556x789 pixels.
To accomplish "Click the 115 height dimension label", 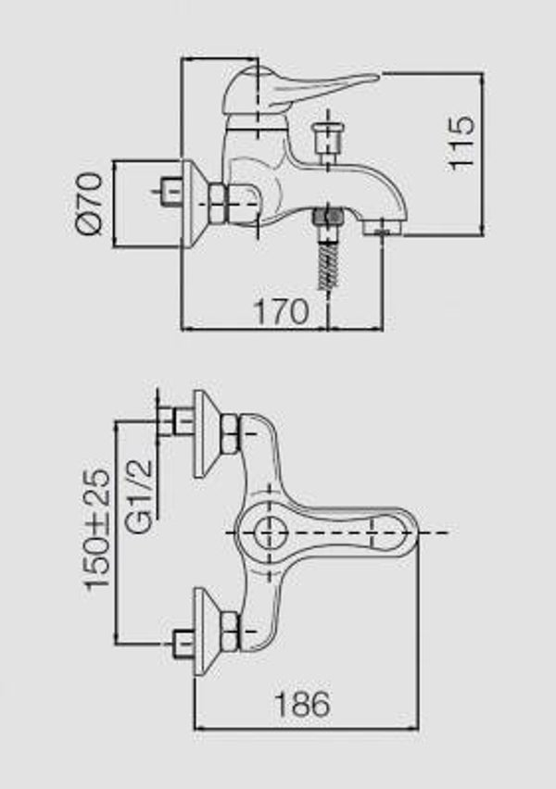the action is tap(461, 144).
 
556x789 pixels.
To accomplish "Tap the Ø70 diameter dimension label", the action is tap(90, 204).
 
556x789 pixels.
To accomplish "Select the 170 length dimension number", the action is tap(282, 311).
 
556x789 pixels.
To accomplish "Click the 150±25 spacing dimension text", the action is tap(96, 530).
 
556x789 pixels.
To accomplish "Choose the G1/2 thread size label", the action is tap(138, 496).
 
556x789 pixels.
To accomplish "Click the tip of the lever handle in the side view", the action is tap(376, 78).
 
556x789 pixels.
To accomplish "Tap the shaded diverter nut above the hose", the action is tap(328, 218).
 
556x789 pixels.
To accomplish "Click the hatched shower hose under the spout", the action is tap(328, 265).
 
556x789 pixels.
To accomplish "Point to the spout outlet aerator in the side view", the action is tap(382, 229).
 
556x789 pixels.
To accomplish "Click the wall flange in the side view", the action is tap(192, 204).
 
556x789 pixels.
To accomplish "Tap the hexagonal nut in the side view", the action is tap(218, 204).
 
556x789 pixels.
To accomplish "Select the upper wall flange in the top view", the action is tap(206, 433).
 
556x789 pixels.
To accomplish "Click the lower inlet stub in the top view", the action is tap(183, 643).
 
